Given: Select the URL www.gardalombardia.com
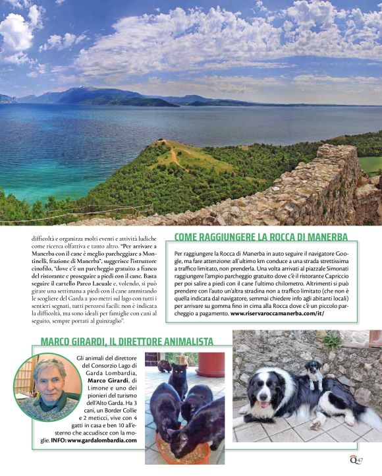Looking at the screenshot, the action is coord(102,440).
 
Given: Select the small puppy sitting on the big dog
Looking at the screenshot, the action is coord(315,374).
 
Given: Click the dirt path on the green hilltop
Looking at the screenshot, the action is coord(175,156).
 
